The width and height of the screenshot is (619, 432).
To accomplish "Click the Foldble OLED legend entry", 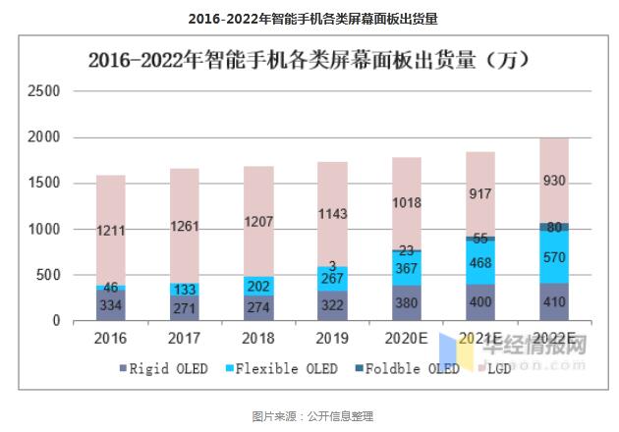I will (x=405, y=369).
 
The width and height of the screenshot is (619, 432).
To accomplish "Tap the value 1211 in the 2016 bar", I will (x=111, y=231).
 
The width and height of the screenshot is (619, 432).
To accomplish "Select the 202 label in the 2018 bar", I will (x=258, y=286).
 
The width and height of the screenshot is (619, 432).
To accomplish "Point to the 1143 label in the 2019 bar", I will (x=332, y=213).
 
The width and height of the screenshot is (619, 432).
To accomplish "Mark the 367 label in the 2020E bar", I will (x=406, y=267).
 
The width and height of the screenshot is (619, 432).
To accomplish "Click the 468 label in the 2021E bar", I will (x=480, y=262).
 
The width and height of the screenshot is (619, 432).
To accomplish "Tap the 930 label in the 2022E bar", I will (x=554, y=181).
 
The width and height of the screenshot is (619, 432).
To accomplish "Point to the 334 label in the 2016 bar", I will (x=111, y=305).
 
